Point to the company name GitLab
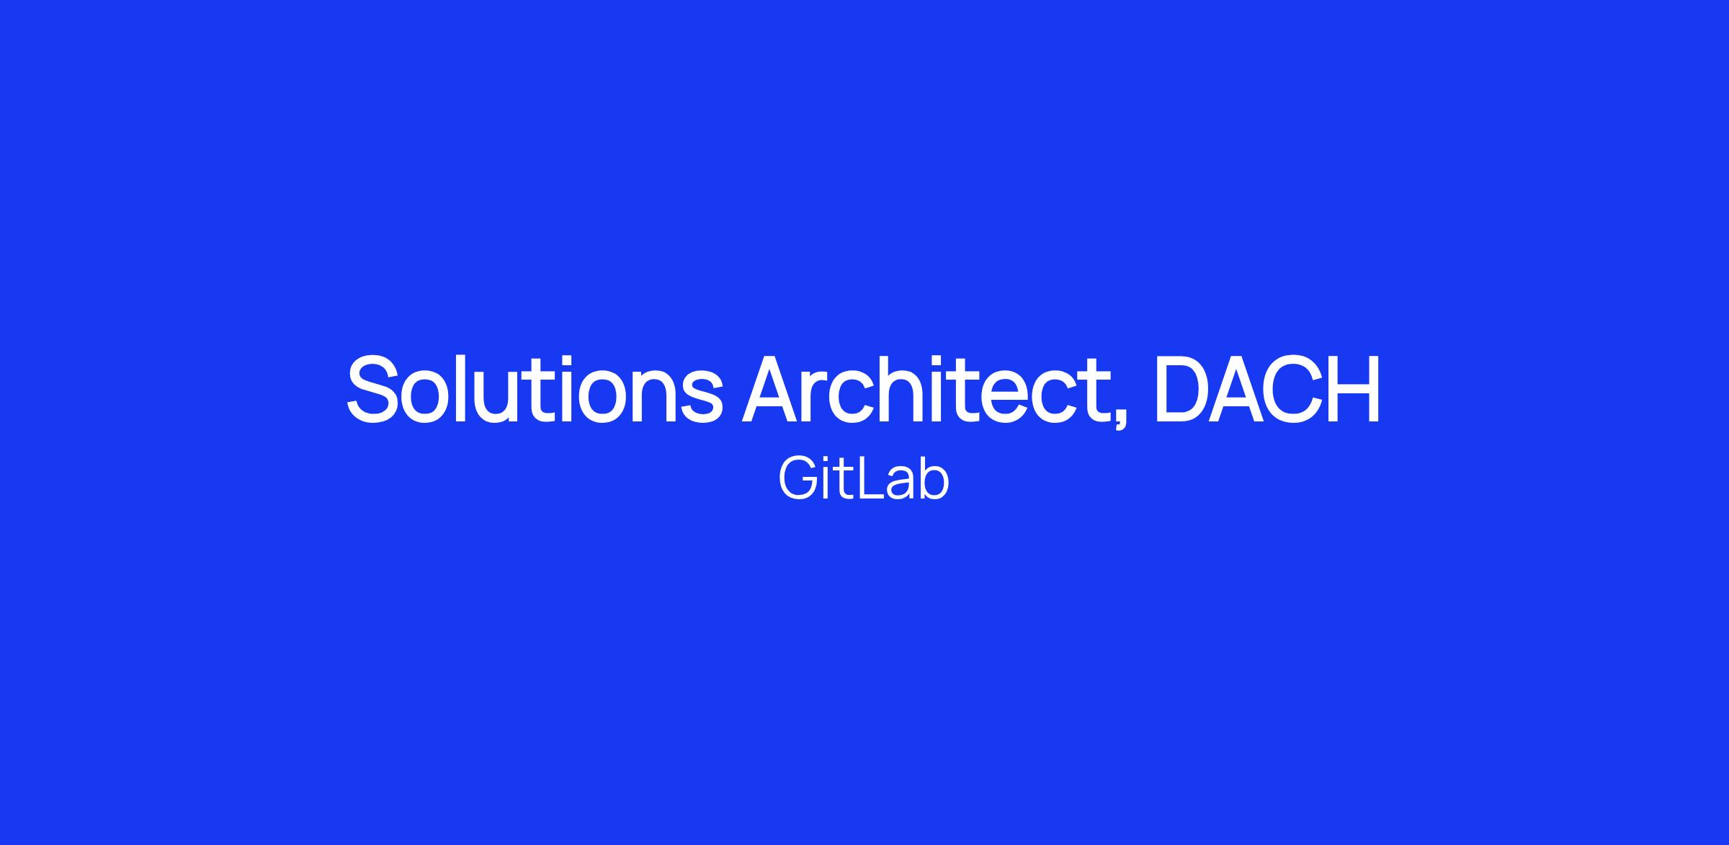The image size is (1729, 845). click(x=864, y=480)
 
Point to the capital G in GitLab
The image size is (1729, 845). click(x=798, y=480)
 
